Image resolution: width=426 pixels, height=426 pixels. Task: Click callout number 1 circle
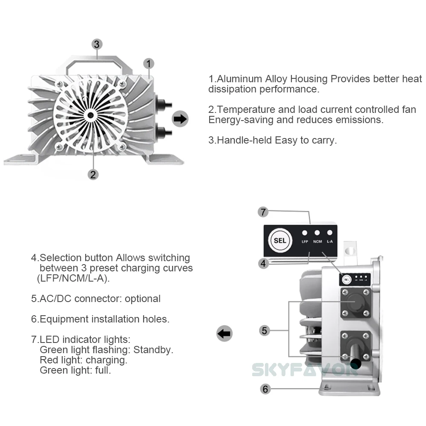click(148, 64)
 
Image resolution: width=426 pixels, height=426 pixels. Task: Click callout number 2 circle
click(93, 174)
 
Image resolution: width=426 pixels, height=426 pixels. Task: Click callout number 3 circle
click(97, 44)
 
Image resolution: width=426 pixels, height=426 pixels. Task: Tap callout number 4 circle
click(263, 263)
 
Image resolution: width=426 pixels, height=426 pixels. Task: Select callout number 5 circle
click(265, 330)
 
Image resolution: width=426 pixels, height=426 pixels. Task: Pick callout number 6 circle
click(265, 389)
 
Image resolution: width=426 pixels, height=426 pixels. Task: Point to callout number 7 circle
click(263, 212)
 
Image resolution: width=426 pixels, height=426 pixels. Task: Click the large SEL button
click(280, 240)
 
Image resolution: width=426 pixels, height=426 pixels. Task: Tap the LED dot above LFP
click(305, 233)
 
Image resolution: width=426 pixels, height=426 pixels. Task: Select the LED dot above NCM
click(317, 233)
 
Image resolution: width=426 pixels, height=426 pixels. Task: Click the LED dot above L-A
click(330, 233)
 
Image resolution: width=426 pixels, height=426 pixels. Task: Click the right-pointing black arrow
click(180, 119)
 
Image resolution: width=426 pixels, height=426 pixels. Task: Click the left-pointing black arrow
click(225, 333)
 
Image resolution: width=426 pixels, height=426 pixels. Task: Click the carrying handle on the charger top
click(97, 64)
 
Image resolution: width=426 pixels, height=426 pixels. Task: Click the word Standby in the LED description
click(153, 350)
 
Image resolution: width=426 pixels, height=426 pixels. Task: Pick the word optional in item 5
click(143, 299)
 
